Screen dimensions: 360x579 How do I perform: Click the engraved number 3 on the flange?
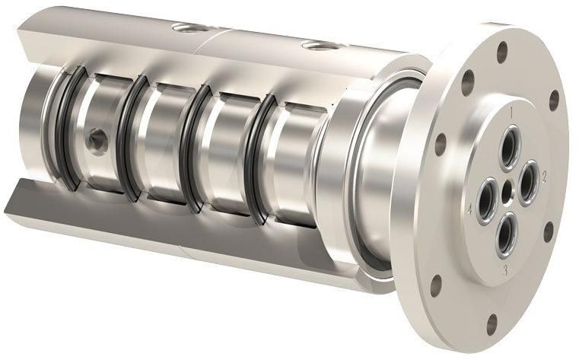(x=503, y=270)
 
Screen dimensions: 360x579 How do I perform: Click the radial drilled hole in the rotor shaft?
(x=97, y=139)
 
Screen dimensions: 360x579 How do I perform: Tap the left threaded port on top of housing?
(x=186, y=28)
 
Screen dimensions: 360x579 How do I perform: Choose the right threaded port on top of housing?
(x=317, y=46)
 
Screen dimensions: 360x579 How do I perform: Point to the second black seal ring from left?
(x=130, y=141)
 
